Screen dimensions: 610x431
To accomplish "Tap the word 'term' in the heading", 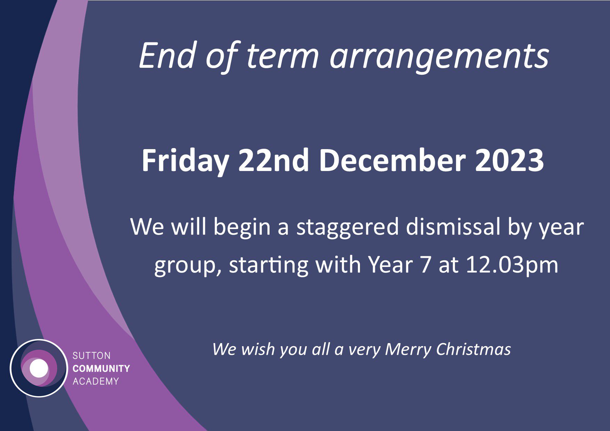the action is click(282, 56).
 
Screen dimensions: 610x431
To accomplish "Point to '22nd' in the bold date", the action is click(273, 161).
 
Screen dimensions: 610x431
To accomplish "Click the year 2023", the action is click(509, 161).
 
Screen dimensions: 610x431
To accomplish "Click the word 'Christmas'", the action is click(473, 349).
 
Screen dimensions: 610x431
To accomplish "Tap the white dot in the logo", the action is click(39, 368).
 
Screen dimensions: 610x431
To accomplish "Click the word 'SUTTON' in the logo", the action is click(91, 356).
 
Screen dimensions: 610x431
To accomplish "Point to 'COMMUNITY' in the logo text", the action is click(101, 368).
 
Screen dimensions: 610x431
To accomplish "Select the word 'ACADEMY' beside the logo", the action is click(96, 381).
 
